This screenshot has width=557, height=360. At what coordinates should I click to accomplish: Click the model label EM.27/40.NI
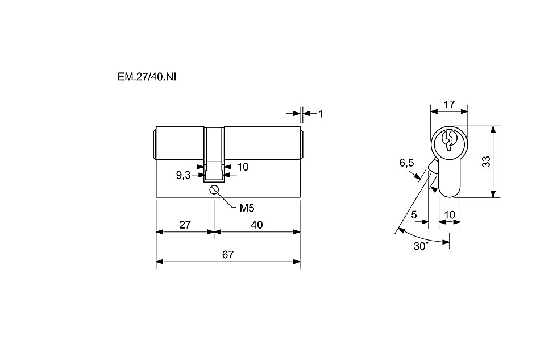point(147,77)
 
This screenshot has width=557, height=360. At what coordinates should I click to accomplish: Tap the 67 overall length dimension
point(228,255)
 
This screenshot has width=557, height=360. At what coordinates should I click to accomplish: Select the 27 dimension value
point(185,225)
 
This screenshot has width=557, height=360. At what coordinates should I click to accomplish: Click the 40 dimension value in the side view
point(256,225)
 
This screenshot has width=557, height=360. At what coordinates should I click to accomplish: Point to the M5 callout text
point(247,208)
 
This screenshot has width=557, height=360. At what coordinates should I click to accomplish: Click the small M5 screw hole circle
point(214,190)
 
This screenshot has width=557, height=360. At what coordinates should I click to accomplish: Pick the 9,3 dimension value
point(183,175)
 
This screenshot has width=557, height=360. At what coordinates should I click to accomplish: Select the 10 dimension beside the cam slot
point(243,167)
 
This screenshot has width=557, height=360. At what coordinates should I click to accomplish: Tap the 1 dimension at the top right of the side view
point(321,114)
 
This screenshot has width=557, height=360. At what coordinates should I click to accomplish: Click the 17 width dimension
point(449,105)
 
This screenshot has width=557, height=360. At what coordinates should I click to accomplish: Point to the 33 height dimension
point(486,162)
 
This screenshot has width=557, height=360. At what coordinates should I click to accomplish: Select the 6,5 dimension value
point(406,163)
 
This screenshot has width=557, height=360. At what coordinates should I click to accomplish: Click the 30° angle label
point(421,246)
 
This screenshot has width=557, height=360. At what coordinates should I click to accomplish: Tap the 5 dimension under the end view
point(414,215)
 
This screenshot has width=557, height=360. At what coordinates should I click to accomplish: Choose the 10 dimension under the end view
point(450,215)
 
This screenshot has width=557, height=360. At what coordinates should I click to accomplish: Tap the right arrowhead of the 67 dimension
point(296,262)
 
